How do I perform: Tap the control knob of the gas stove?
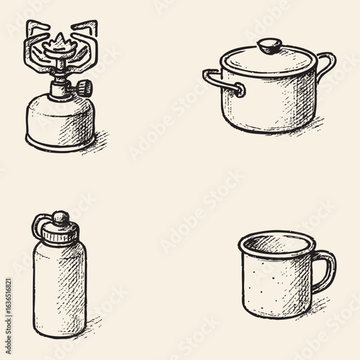84,89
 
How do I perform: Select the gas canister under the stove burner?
60,119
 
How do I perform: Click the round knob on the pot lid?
269,46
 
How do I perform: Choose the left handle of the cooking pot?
220,81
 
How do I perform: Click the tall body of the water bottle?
59,288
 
